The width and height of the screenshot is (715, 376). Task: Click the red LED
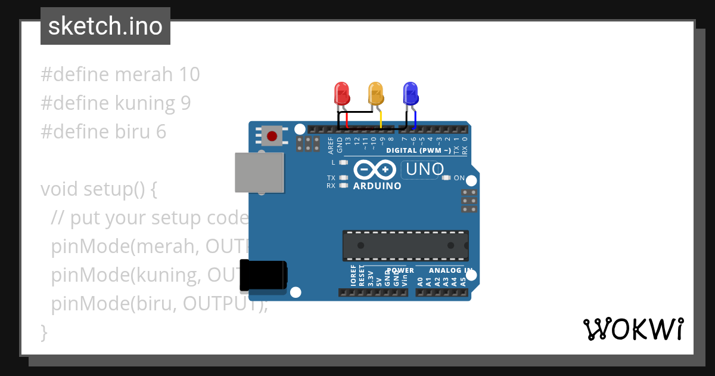pyautogui.click(x=341, y=93)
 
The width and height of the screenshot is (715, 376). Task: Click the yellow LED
pyautogui.click(x=375, y=93)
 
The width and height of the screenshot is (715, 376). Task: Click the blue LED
pyautogui.click(x=411, y=93)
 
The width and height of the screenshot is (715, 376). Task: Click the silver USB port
pyautogui.click(x=259, y=172)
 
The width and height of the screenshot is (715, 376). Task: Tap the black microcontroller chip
pyautogui.click(x=405, y=245)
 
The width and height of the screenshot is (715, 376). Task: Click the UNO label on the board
pyautogui.click(x=424, y=170)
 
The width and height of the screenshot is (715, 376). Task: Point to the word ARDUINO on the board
pyautogui.click(x=377, y=186)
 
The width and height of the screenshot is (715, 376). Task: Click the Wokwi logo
pyautogui.click(x=633, y=329)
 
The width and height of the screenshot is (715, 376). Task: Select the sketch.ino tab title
pyautogui.click(x=105, y=26)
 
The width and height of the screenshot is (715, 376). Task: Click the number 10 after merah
pyautogui.click(x=189, y=75)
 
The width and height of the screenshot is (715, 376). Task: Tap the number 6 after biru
pyautogui.click(x=161, y=132)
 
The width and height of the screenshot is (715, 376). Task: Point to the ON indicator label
pyautogui.click(x=459, y=178)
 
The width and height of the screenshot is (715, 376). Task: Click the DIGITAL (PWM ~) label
pyautogui.click(x=418, y=150)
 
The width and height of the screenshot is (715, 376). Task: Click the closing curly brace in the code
pyautogui.click(x=43, y=332)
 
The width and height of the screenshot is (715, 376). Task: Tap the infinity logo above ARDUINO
pyautogui.click(x=374, y=171)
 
